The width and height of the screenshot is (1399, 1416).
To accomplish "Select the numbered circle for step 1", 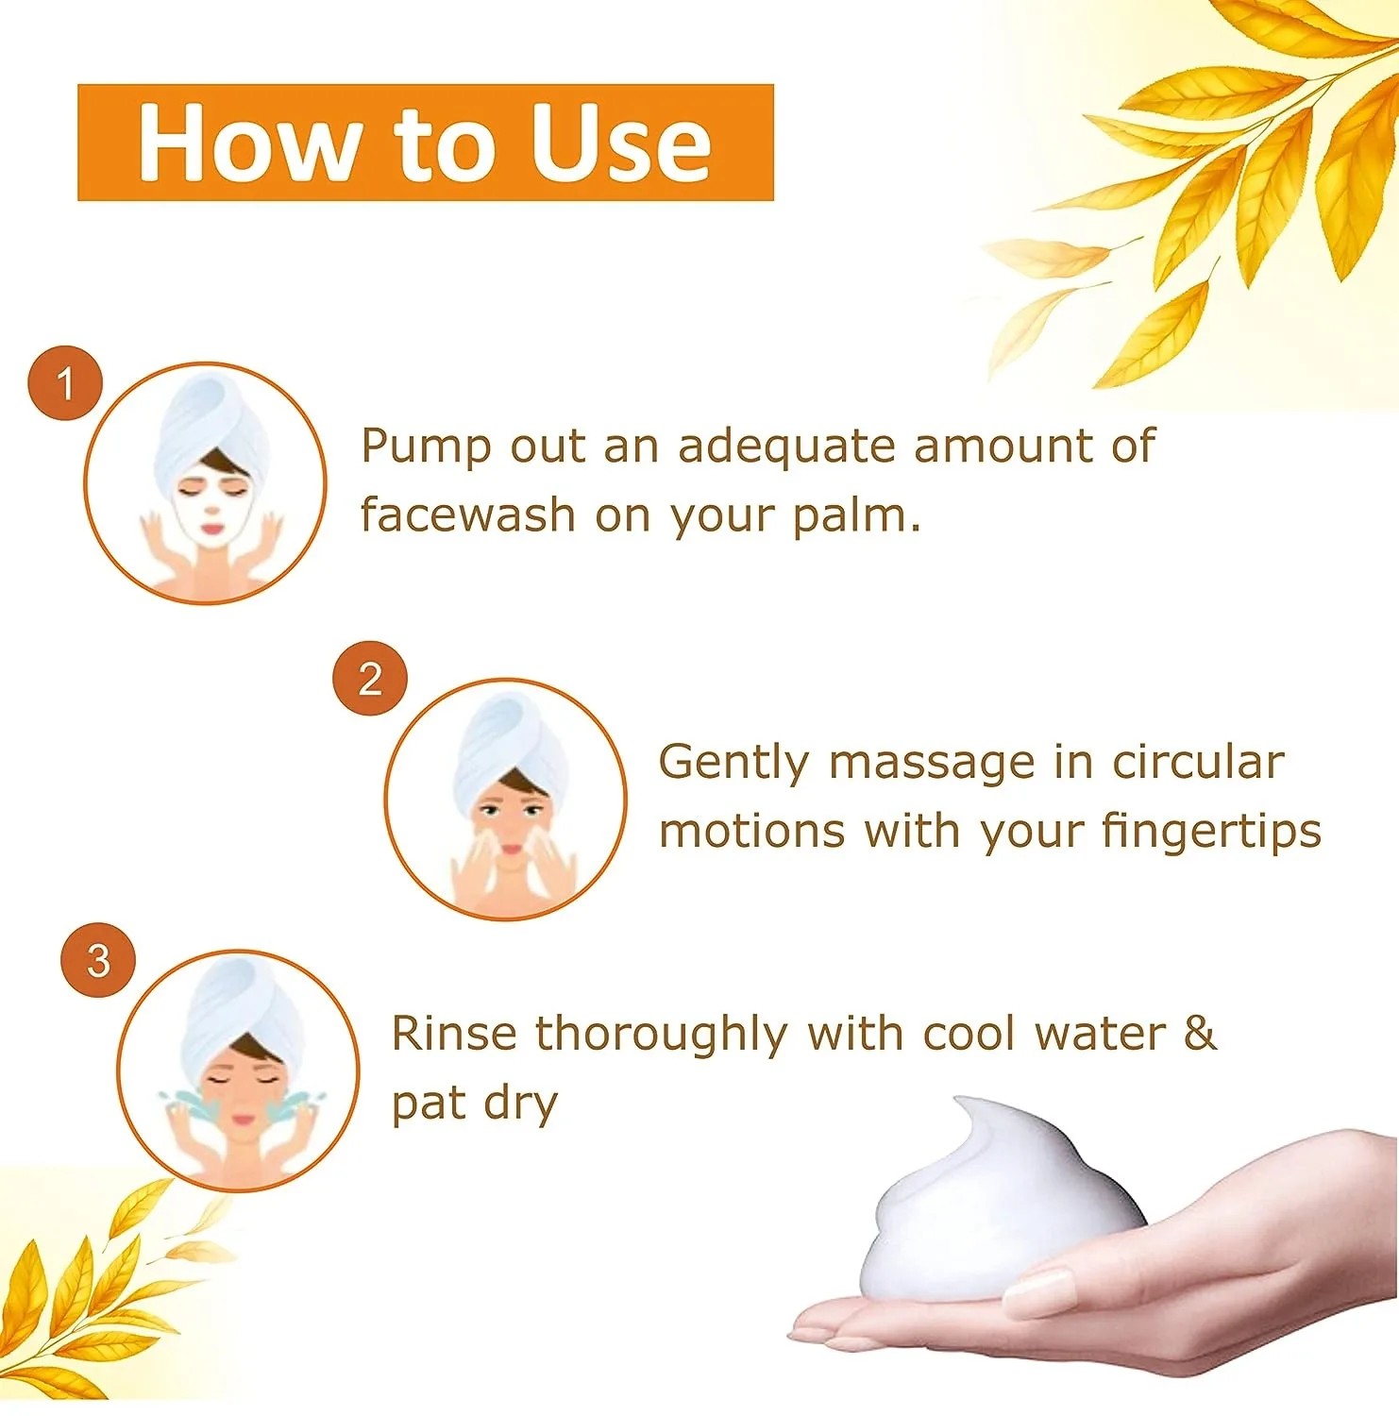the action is [x=65, y=383].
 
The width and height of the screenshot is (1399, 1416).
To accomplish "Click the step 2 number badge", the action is [x=370, y=678].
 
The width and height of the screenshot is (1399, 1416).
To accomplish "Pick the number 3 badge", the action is [x=98, y=961].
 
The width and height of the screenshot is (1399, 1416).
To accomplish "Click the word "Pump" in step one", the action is [x=426, y=447].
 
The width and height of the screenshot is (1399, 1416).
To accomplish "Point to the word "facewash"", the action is [x=467, y=515].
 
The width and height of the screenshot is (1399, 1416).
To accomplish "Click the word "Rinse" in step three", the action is [x=454, y=1033].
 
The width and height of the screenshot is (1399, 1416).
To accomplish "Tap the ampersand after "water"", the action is [x=1199, y=1033].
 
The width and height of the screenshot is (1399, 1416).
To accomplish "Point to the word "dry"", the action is [x=520, y=1104].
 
